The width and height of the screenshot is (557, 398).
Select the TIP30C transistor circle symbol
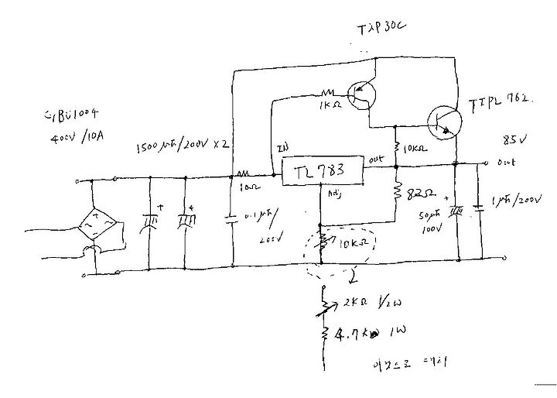point(361,95)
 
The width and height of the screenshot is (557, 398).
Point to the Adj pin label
point(334,194)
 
